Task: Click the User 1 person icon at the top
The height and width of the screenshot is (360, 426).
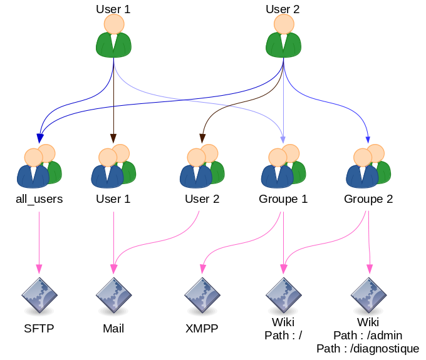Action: click(113, 36)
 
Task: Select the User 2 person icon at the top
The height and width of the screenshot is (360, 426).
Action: click(283, 36)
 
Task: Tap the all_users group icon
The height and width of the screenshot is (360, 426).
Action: click(39, 166)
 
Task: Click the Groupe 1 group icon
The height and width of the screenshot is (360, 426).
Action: click(284, 166)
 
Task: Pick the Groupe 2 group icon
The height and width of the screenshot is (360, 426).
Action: click(368, 166)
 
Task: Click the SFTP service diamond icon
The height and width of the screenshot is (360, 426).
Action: click(39, 296)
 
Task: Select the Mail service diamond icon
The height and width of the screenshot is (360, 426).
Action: click(113, 296)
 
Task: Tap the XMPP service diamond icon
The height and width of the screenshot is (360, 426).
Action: click(202, 296)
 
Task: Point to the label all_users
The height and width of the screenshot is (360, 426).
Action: click(39, 199)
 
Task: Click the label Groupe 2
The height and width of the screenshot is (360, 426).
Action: click(368, 199)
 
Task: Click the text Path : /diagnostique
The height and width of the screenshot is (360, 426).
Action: click(368, 349)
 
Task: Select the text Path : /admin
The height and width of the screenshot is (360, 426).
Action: click(368, 336)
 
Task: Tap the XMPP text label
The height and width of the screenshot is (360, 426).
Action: click(202, 329)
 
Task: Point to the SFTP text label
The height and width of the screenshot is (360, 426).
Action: click(39, 329)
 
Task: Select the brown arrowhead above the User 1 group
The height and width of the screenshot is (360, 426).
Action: click(113, 138)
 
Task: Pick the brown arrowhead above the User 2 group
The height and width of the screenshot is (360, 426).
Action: click(202, 138)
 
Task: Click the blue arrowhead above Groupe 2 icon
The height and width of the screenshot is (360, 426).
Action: click(368, 140)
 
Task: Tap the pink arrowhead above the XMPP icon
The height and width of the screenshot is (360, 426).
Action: click(203, 269)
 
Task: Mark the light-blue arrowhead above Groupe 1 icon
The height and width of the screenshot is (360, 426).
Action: click(283, 140)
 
